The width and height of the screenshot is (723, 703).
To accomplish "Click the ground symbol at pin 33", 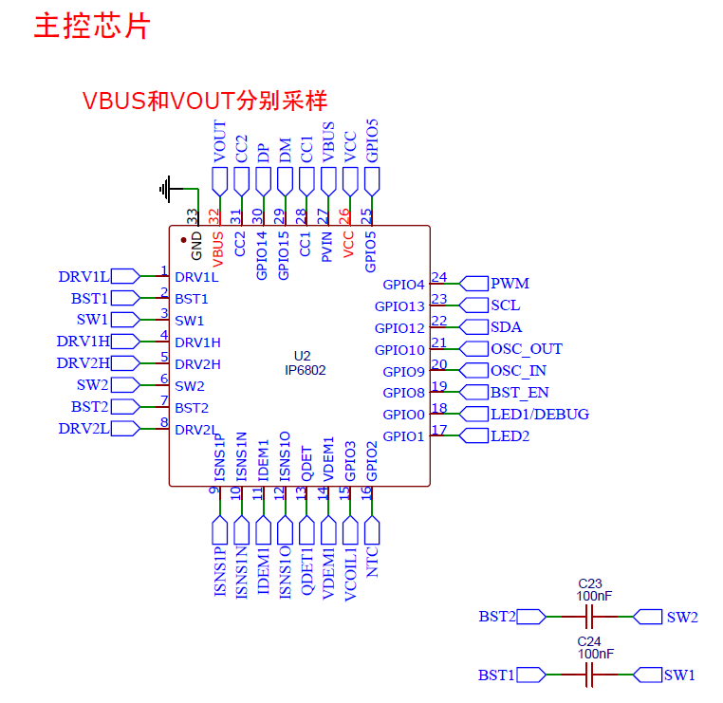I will click(166, 190).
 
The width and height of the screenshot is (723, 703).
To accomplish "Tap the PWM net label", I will click(510, 284).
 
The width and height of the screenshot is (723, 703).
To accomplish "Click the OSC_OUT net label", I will click(526, 349).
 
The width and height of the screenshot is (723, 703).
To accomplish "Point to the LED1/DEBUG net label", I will click(539, 415).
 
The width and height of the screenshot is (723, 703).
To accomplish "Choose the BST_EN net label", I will click(519, 393).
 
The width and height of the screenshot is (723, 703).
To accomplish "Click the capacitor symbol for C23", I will click(590, 618).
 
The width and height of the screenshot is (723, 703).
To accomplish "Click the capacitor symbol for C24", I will click(590, 675).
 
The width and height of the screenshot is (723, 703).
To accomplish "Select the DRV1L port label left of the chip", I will click(83, 277).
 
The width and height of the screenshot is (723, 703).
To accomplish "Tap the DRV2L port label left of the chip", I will click(83, 429).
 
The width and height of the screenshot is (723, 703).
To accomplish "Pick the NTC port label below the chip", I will click(372, 562).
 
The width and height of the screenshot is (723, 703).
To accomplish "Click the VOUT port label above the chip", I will click(220, 142).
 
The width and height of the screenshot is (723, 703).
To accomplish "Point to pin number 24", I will click(438, 277).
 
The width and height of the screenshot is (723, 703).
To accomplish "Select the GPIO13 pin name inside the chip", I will click(399, 306).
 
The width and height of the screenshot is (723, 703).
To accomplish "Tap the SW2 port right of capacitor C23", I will click(681, 618).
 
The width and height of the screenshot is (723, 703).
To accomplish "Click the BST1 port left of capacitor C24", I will click(496, 675).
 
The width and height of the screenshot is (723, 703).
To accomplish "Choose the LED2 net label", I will click(510, 436).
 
